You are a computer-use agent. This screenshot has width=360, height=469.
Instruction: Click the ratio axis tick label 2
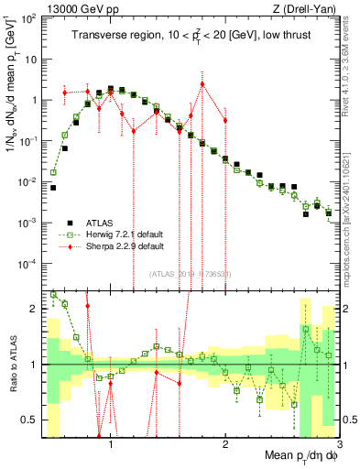tap(35, 309)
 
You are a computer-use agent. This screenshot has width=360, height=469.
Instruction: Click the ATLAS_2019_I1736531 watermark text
tap(190, 274)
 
